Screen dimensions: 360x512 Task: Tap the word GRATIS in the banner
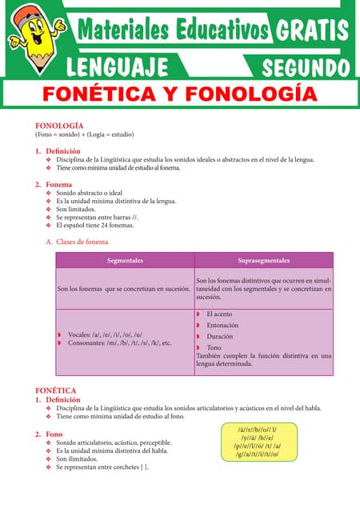click(312, 31)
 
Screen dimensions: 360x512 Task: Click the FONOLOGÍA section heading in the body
click(59, 126)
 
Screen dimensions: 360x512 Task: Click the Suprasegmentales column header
click(264, 261)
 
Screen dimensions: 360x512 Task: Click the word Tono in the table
click(214, 348)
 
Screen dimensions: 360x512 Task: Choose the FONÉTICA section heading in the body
click(56, 390)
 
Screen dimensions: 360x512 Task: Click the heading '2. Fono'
click(49, 434)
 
